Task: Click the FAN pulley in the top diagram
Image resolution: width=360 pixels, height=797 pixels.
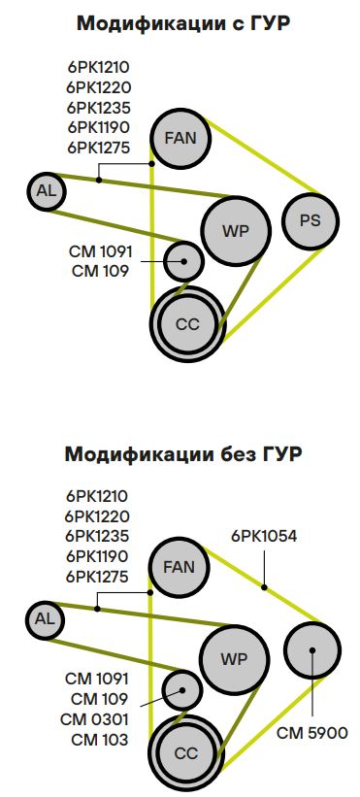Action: (x=180, y=138)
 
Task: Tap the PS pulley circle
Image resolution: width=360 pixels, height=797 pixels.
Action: (x=311, y=220)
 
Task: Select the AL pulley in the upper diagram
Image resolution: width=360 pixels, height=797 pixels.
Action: (x=46, y=190)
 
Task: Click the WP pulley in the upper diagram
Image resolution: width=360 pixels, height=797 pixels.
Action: (x=236, y=230)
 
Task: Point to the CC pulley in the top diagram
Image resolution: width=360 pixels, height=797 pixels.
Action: (x=187, y=324)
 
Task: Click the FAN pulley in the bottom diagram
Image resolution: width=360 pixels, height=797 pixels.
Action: (x=180, y=567)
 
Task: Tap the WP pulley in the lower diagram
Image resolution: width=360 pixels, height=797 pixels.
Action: (x=235, y=659)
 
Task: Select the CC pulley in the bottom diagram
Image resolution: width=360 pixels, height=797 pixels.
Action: (x=185, y=753)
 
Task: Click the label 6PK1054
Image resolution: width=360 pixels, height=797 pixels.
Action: (x=264, y=535)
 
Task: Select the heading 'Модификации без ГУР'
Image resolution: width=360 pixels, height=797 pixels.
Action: (x=180, y=453)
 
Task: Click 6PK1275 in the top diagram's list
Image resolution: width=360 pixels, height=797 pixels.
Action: (x=98, y=148)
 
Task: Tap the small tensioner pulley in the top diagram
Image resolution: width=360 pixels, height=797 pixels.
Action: (x=182, y=259)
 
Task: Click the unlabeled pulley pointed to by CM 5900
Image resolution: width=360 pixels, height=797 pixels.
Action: (x=312, y=649)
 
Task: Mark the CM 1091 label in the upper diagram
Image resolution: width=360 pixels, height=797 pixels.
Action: (x=100, y=251)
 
